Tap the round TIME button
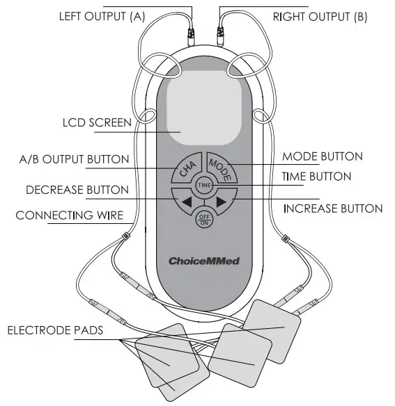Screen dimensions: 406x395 click(204, 186)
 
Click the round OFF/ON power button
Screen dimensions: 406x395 click(204, 219)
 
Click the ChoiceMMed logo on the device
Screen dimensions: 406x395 click(204, 261)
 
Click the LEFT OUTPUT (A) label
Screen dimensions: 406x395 click(102, 16)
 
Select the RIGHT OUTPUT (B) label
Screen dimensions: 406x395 click(320, 16)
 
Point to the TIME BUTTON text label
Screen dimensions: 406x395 click(316, 177)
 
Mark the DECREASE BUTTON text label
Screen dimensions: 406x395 click(77, 189)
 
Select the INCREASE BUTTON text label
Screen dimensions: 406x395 click(332, 208)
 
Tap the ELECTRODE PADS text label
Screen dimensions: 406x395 click(55, 330)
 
